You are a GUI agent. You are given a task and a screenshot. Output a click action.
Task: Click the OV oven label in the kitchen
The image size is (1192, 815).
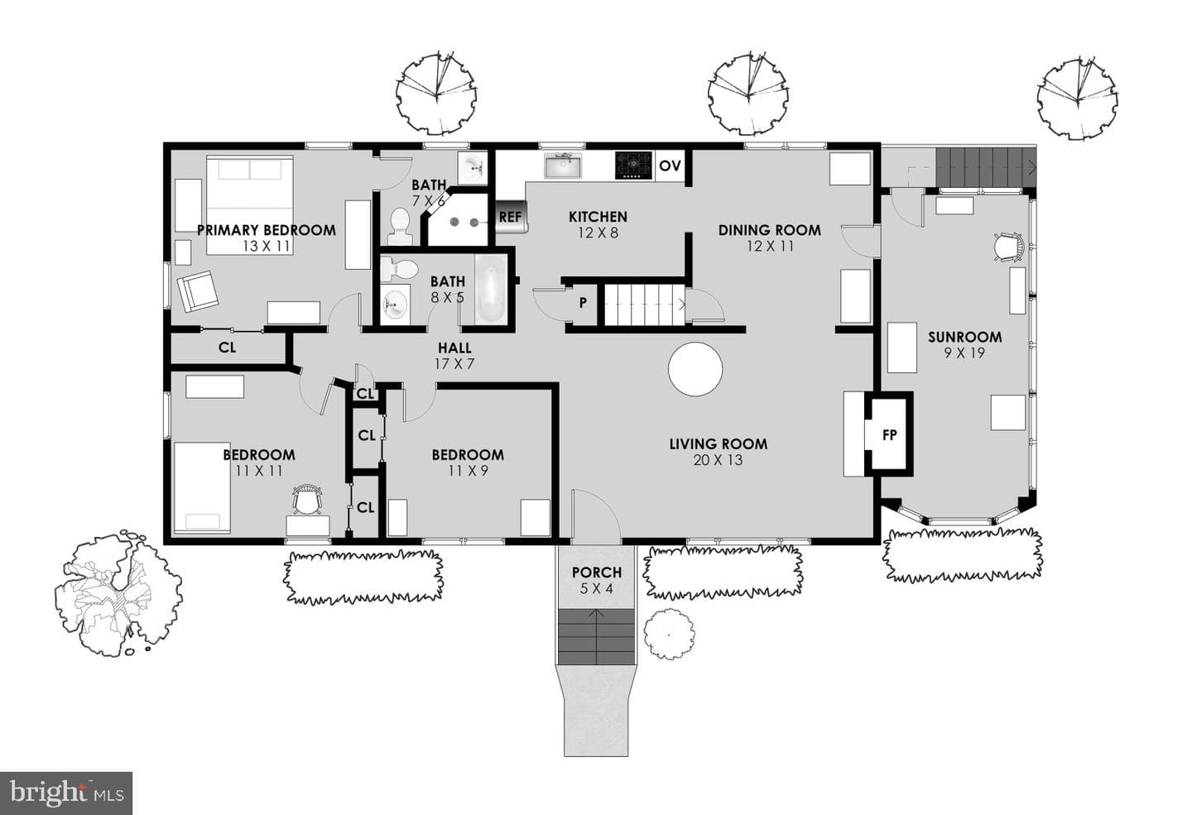tap(670, 166)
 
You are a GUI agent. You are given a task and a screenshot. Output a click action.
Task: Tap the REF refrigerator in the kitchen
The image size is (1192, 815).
tap(511, 217)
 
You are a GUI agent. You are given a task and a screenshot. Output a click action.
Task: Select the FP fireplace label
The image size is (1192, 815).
tap(889, 435)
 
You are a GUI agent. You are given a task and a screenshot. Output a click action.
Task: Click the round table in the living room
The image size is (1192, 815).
tap(695, 369)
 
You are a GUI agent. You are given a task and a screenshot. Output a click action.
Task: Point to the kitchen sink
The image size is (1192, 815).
tap(563, 165)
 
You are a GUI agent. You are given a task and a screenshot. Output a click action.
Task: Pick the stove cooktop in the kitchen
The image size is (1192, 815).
tap(633, 165)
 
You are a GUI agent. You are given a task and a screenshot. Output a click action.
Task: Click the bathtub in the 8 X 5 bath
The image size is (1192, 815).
tap(490, 288)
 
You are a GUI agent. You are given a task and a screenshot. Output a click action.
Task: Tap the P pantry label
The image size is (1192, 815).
tap(584, 303)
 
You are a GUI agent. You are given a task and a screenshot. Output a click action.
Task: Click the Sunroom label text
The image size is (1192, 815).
tap(965, 337)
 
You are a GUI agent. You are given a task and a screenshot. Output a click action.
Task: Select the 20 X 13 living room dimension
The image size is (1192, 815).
tap(718, 460)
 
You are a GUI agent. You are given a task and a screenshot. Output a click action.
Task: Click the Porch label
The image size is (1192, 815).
tap(597, 573)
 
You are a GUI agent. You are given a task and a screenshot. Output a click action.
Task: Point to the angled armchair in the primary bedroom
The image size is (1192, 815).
tap(198, 291)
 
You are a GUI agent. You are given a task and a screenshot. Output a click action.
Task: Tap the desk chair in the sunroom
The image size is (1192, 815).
tap(1009, 247)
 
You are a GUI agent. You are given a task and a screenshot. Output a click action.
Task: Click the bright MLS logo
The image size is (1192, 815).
tap(66, 793)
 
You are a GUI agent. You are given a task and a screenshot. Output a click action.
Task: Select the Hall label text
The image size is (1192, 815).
tap(454, 348)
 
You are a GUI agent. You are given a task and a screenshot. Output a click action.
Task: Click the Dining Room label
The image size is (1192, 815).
tap(770, 230)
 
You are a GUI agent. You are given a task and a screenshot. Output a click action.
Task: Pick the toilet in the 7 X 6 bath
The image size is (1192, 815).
tap(400, 227)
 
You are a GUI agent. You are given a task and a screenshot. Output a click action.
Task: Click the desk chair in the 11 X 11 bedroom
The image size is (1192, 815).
tap(307, 499)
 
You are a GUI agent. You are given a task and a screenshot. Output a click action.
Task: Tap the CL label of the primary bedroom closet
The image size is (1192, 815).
tap(227, 348)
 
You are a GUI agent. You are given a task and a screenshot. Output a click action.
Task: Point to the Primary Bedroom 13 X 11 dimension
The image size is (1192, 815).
tap(267, 247)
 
